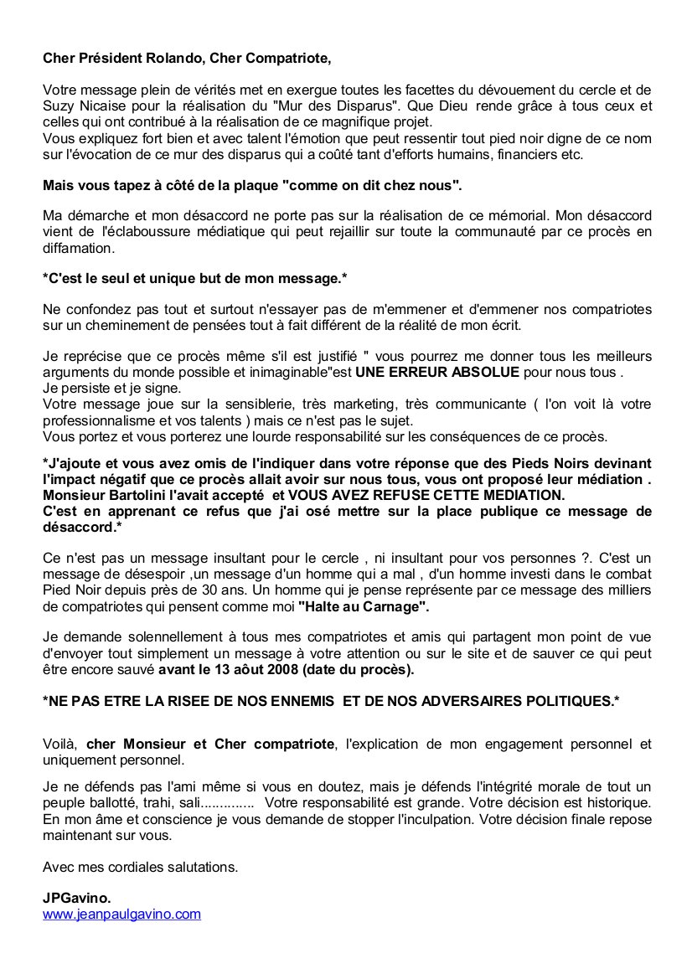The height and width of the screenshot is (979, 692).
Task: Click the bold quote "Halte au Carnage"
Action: [363, 604]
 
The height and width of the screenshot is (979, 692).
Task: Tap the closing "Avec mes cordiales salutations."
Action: [141, 867]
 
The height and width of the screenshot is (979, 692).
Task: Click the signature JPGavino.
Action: [77, 898]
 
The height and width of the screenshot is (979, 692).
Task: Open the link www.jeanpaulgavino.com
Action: [122, 914]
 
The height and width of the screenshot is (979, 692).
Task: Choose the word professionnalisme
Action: [97, 420]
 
